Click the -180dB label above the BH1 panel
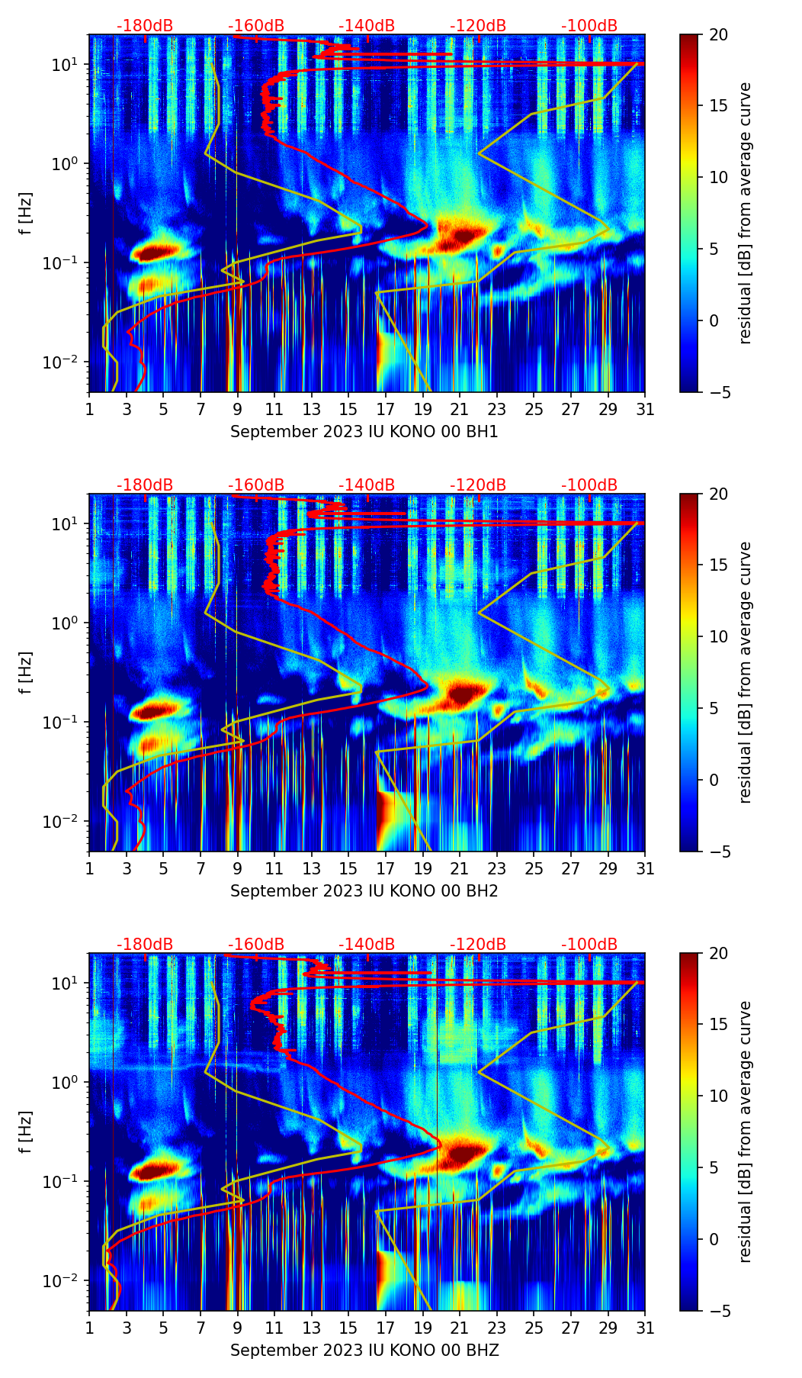pos(145,26)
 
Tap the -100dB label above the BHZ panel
pos(589,945)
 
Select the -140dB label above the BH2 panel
pos(367,485)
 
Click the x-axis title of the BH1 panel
pos(364,432)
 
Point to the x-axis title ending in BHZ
pos(364,1351)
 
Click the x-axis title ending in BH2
pos(364,891)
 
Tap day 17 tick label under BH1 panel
pos(385,410)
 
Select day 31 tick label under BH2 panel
pos(645,869)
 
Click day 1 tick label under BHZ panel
pos(89,1328)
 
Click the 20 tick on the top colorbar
pos(718,34)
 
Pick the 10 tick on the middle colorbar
pos(718,636)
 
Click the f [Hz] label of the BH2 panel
pos(26,672)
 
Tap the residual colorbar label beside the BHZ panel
pos(745,1132)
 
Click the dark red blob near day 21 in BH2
pos(462,694)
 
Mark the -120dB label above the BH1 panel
pos(478,26)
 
